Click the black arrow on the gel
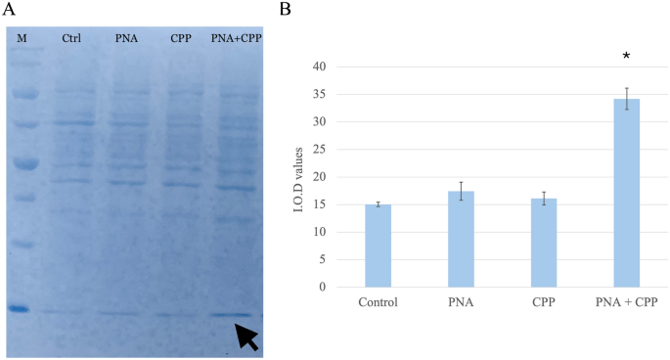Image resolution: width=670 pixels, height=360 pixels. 246,337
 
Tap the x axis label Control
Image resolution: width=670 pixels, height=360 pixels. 379,302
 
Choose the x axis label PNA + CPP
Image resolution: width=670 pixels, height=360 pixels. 626,302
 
